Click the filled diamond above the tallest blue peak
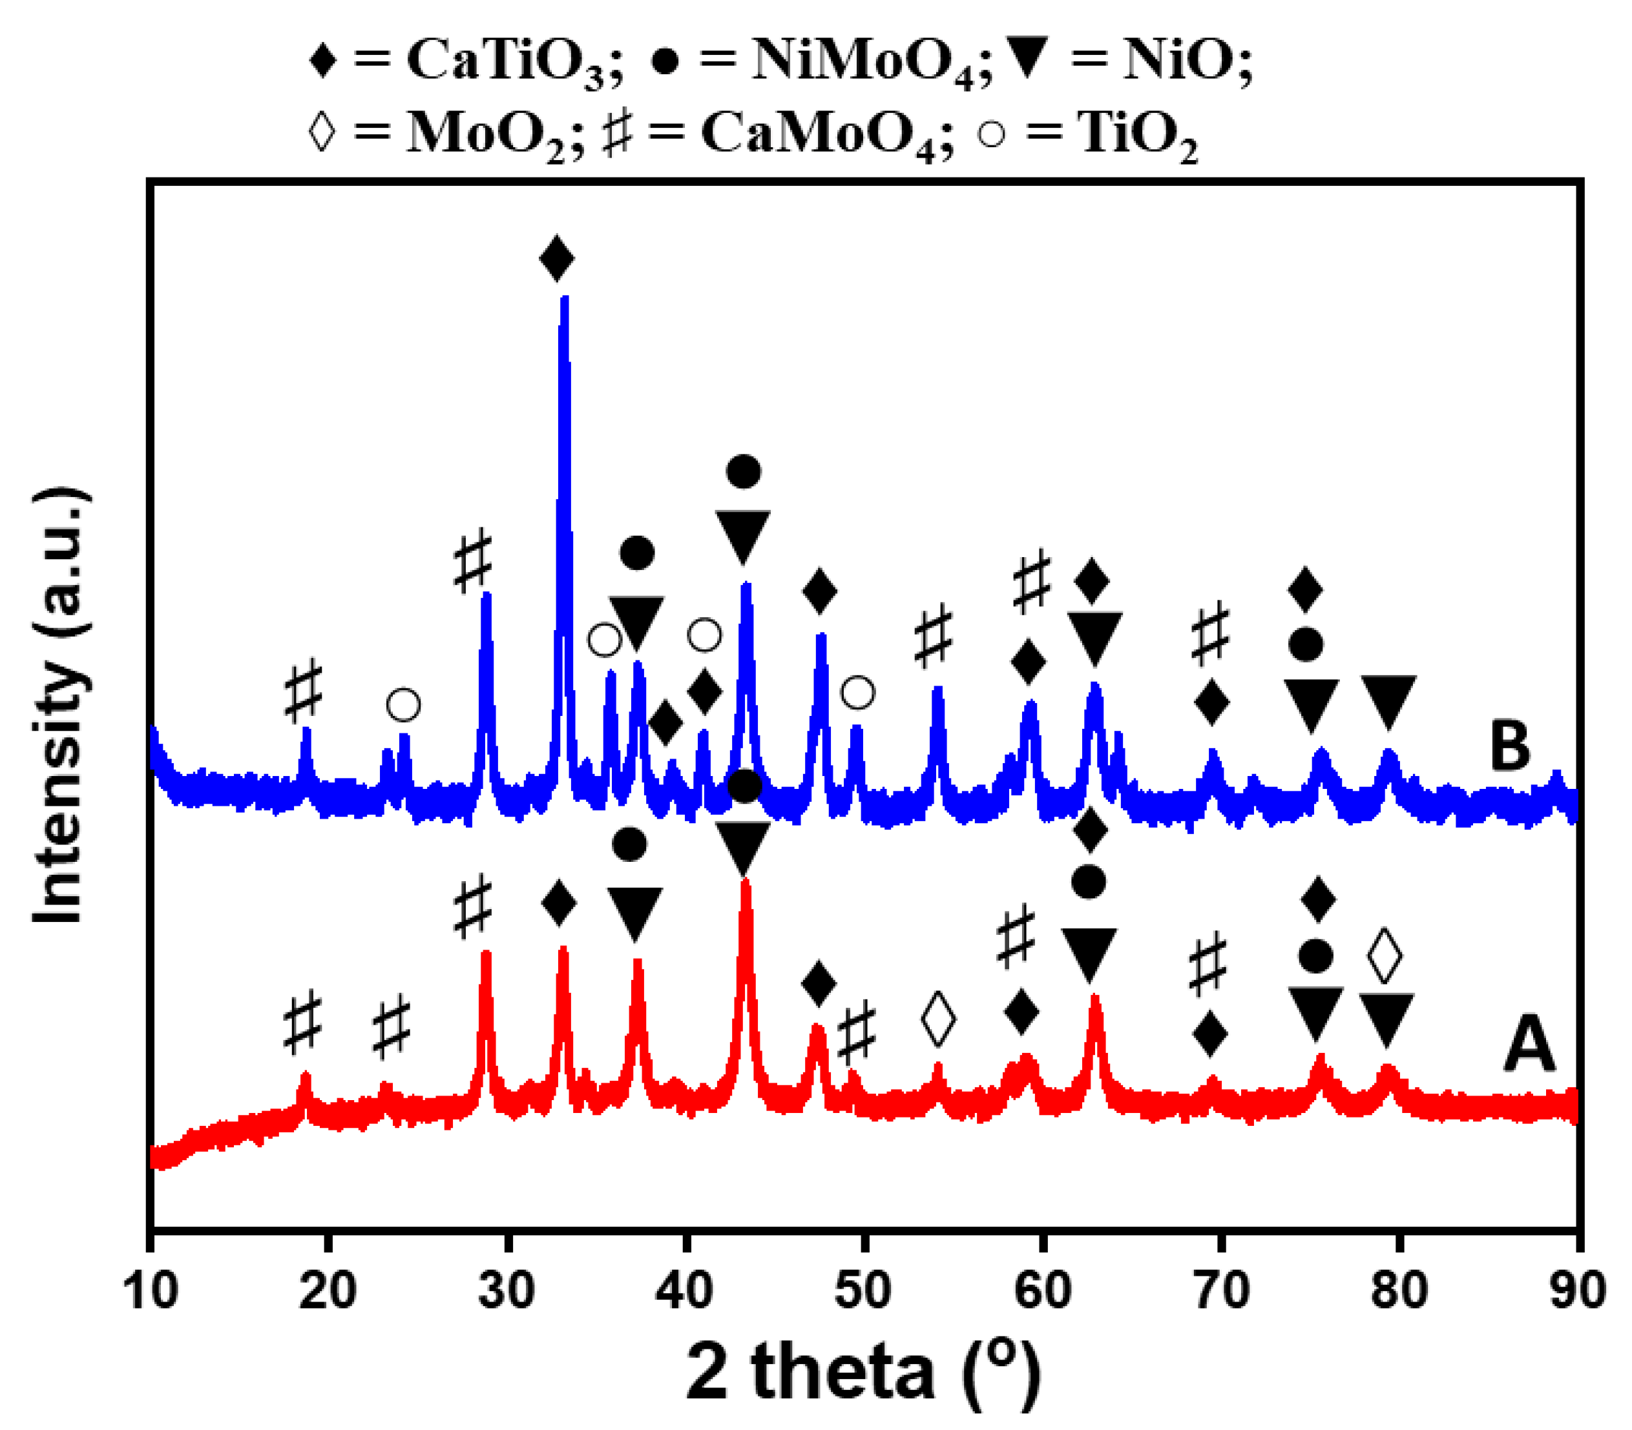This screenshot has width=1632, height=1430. click(x=556, y=258)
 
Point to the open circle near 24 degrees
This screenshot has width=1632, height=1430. click(x=403, y=704)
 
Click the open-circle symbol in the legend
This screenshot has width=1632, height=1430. click(x=992, y=132)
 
